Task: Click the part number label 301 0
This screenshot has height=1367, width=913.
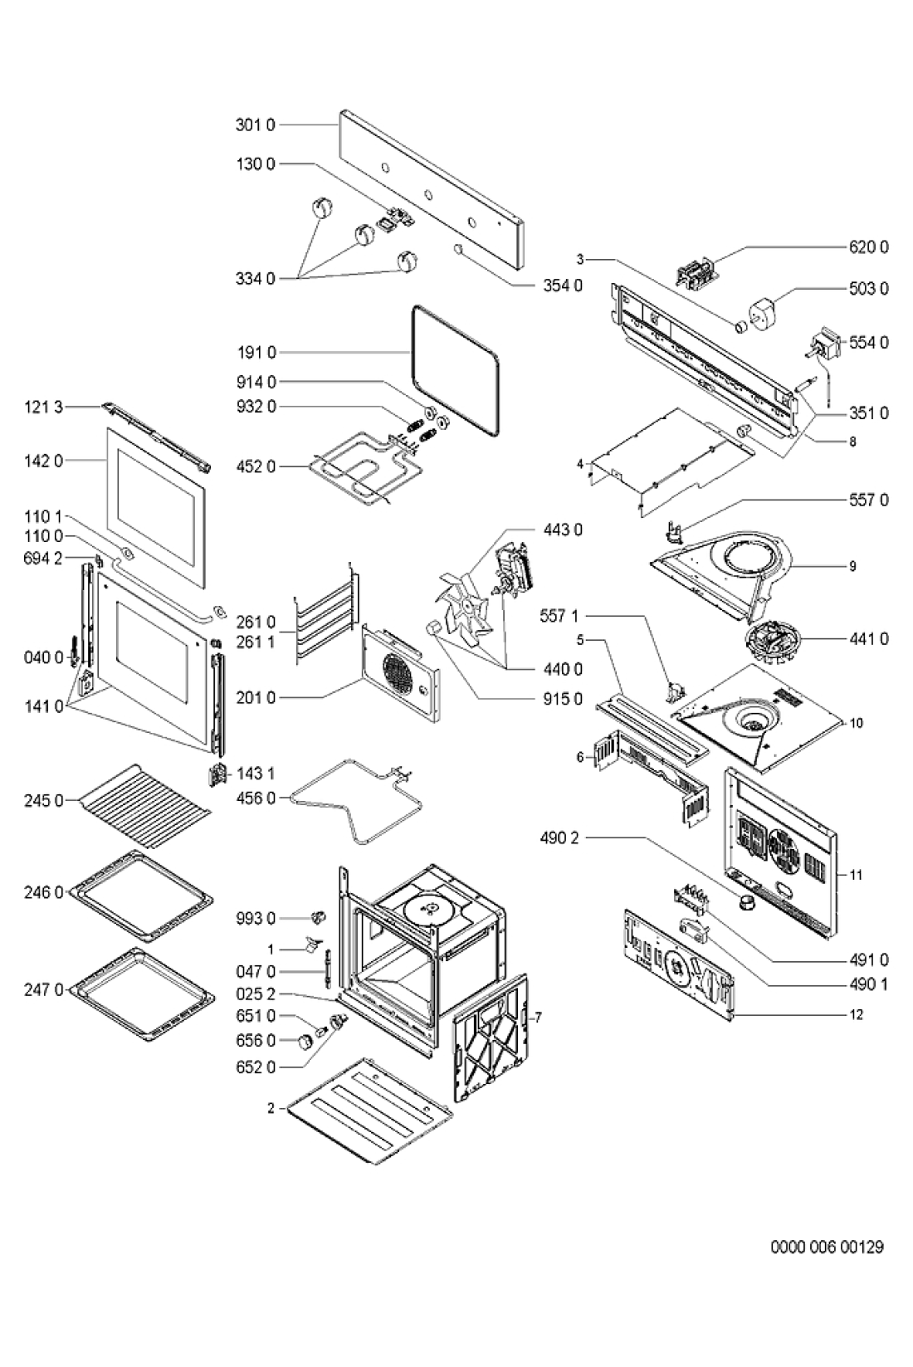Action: (255, 125)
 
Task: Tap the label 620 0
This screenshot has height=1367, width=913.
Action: (868, 247)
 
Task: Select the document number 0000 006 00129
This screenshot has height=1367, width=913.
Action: (827, 1246)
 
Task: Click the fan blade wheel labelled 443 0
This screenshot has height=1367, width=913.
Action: (466, 603)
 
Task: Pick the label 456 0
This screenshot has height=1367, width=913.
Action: (255, 798)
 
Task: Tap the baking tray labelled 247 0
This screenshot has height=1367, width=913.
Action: (142, 994)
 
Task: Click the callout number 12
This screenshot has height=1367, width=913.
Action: (856, 1014)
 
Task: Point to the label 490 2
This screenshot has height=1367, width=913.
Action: (559, 838)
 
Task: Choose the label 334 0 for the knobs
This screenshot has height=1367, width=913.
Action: (255, 279)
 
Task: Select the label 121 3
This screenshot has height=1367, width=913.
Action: (43, 407)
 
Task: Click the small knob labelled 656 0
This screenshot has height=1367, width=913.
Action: (303, 1042)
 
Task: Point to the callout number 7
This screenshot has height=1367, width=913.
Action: (539, 1017)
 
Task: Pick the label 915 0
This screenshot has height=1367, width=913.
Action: (563, 699)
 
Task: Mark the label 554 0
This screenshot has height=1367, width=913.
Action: (868, 343)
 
